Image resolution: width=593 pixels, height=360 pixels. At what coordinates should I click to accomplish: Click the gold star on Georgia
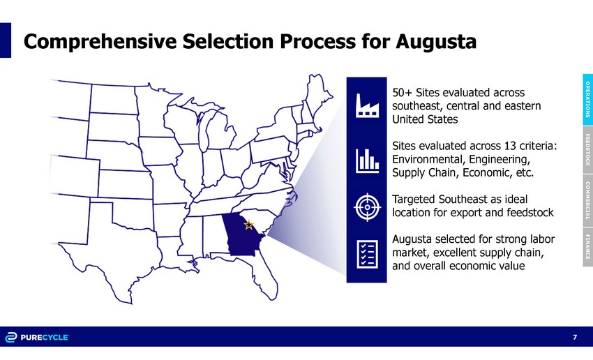(248, 225)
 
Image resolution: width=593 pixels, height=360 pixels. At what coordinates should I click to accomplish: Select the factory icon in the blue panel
(367, 105)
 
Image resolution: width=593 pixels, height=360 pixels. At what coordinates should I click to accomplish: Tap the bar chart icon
(367, 160)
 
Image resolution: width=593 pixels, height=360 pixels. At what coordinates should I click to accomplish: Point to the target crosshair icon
(367, 207)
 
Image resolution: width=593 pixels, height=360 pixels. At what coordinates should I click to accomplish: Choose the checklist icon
(367, 254)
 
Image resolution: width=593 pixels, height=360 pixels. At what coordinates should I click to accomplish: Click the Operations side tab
(587, 100)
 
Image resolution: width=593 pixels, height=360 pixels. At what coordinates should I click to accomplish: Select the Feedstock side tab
(587, 150)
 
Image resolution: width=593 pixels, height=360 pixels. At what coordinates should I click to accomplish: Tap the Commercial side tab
(587, 200)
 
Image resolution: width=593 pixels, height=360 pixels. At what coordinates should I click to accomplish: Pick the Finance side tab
(587, 247)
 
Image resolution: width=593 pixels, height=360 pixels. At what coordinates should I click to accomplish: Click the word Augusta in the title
(436, 42)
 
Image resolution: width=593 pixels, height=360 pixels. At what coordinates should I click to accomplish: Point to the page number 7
(575, 337)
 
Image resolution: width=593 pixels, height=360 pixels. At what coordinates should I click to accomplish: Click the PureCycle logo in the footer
(37, 337)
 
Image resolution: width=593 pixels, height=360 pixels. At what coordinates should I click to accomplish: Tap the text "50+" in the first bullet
(403, 93)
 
